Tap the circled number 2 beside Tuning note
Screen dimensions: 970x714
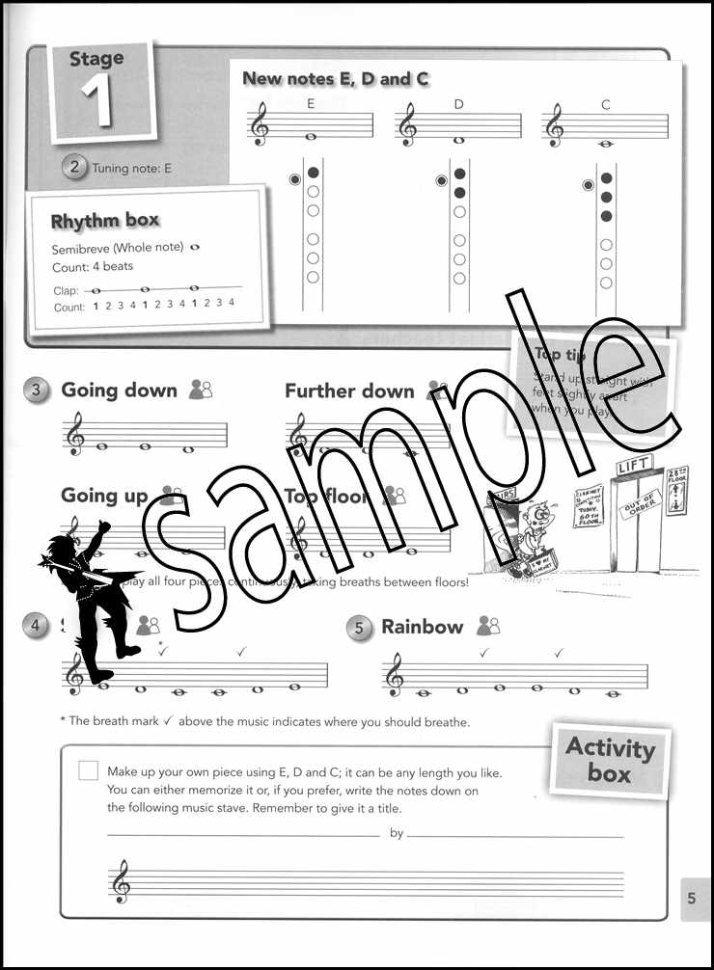[x=75, y=167]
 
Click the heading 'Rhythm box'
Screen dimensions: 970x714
[x=105, y=221]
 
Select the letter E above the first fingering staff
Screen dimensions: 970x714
[x=311, y=105]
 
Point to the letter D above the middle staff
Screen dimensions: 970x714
[x=459, y=104]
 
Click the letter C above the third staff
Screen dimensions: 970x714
[x=606, y=104]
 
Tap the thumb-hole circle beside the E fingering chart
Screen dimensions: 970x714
[x=295, y=178]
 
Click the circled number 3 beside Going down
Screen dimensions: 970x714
[x=37, y=390]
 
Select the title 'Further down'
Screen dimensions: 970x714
[x=349, y=391]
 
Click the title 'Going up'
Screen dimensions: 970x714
[x=104, y=496]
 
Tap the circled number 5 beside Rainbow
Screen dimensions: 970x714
[x=359, y=628]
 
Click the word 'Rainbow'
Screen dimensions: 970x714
[x=423, y=627]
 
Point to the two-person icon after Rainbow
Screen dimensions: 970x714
[x=488, y=627]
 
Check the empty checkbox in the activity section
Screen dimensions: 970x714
[x=88, y=770]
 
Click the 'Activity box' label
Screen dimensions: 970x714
[x=610, y=760]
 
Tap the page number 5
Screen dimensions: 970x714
[x=691, y=899]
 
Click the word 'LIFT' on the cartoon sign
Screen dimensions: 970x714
[x=634, y=466]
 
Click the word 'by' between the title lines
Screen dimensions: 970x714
[x=397, y=834]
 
